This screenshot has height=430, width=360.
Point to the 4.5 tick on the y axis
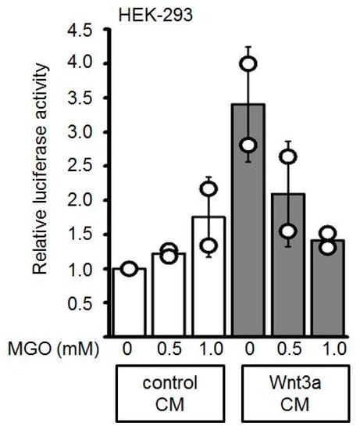click(x=80, y=30)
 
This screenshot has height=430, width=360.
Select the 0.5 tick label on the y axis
click(x=80, y=303)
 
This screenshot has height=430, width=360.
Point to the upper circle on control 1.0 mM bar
click(x=209, y=188)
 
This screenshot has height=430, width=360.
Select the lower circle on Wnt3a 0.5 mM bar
click(x=288, y=231)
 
